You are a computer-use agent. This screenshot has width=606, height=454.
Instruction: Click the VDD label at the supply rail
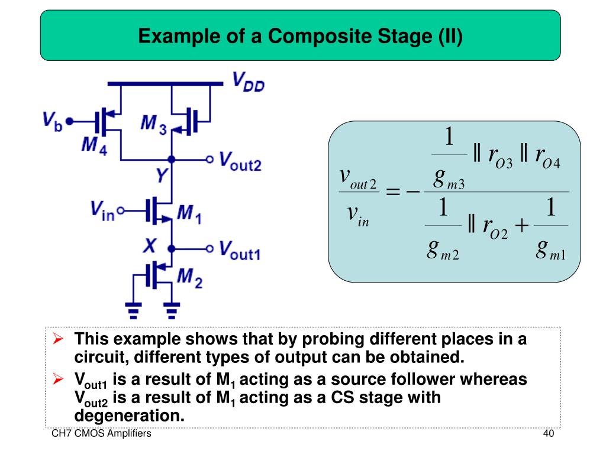(248, 83)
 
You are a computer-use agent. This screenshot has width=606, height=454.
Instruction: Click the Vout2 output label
(240, 160)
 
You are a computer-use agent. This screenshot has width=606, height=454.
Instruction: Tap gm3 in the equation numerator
(448, 178)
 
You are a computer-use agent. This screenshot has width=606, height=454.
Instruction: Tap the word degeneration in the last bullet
(130, 415)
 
